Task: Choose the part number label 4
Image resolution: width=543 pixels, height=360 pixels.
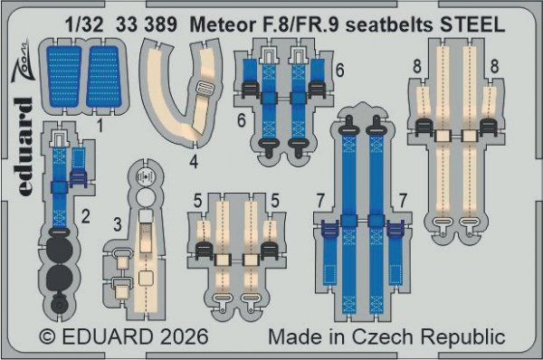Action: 194,163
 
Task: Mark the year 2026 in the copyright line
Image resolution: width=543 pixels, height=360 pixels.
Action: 180,337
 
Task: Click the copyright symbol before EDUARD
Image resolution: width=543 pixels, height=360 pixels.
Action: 49,337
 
